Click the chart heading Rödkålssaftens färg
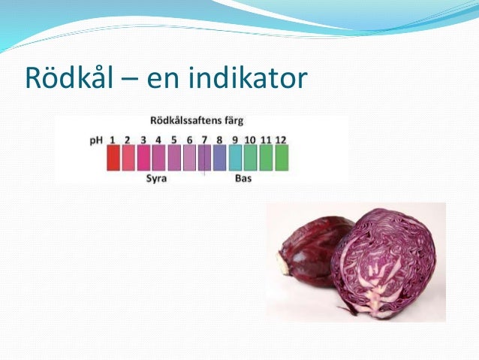click(x=197, y=120)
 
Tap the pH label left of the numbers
click(x=97, y=140)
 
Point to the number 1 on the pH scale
click(x=113, y=140)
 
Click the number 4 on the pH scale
click(x=158, y=140)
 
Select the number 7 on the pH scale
click(x=204, y=140)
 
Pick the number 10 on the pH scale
click(x=250, y=140)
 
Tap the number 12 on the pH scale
click(x=281, y=140)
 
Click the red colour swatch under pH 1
click(x=113, y=158)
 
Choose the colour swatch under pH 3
click(x=144, y=158)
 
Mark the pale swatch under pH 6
click(x=190, y=158)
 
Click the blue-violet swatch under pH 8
click(x=220, y=158)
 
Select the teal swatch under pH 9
click(x=235, y=158)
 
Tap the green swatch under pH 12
click(x=282, y=158)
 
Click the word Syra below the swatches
click(x=156, y=179)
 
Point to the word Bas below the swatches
click(x=243, y=179)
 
